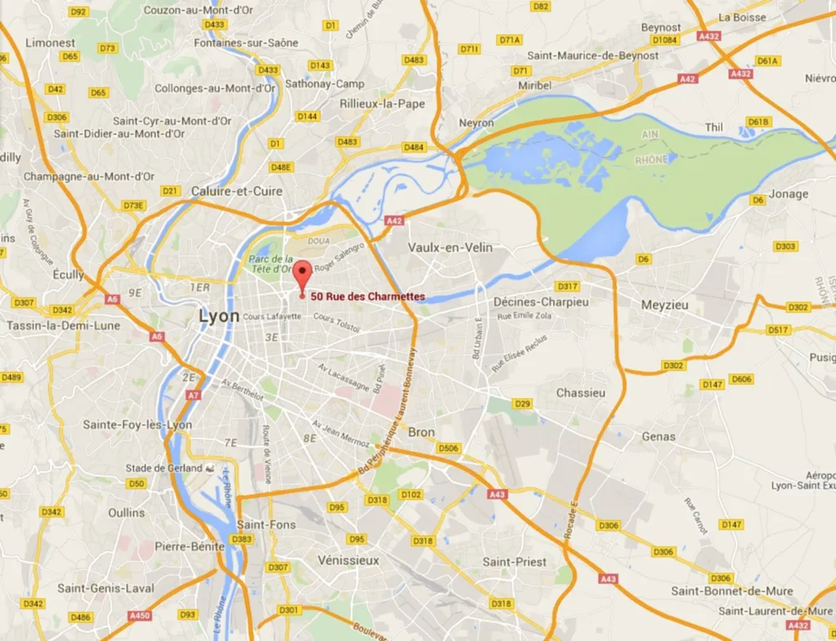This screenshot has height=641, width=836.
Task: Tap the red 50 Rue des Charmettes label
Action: click(x=367, y=297)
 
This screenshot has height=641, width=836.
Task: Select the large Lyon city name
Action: click(x=220, y=316)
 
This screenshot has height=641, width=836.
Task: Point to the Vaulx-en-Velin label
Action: click(x=450, y=247)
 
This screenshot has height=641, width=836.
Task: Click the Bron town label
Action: click(x=421, y=432)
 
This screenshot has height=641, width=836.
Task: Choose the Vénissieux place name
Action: click(x=348, y=560)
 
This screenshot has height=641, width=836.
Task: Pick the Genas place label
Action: click(x=658, y=436)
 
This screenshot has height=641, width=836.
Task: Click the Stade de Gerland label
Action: click(x=163, y=468)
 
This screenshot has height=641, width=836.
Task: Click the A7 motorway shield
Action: click(x=193, y=396)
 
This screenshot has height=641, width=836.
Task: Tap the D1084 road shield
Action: click(x=665, y=39)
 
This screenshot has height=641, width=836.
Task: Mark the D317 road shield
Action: click(x=567, y=286)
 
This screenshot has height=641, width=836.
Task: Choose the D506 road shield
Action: click(x=447, y=448)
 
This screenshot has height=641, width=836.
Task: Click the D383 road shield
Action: click(x=242, y=539)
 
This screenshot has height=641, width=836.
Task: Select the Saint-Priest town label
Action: click(x=514, y=562)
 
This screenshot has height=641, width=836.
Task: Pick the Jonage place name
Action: click(x=789, y=194)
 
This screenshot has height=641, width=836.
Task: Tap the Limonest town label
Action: click(x=51, y=42)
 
